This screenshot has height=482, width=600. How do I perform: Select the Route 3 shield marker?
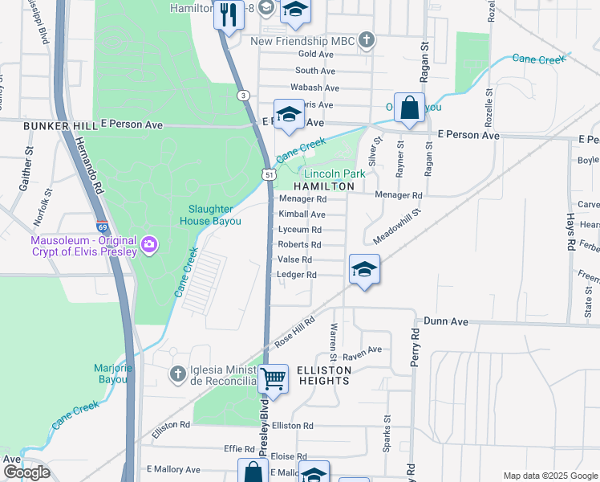pos(241,95)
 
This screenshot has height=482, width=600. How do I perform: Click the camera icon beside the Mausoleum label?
pos(149,243)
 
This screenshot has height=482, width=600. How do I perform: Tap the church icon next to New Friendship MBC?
pos(367,40)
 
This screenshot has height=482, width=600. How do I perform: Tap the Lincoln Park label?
pos(334,174)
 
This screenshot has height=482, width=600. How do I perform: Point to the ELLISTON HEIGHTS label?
pos(324,375)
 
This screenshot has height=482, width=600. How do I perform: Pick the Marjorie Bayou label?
pos(111,374)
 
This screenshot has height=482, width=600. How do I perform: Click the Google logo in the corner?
pos(26,472)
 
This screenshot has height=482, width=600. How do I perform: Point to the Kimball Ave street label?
pos(302,214)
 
